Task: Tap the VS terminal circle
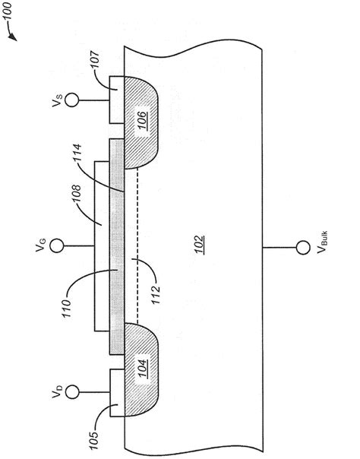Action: [x=71, y=100]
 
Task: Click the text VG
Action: [x=41, y=245]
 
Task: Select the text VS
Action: [x=52, y=100]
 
